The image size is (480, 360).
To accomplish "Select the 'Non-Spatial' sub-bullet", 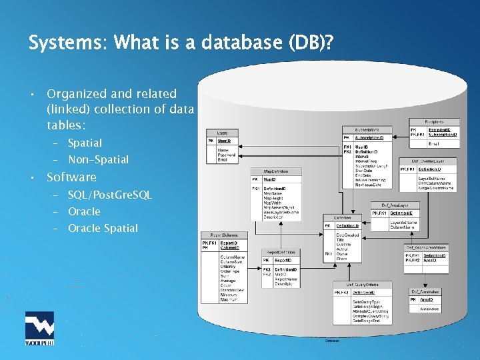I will tap(98, 159).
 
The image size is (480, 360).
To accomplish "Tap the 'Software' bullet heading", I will tap(71, 177).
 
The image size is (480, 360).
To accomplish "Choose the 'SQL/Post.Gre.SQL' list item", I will tap(110, 195).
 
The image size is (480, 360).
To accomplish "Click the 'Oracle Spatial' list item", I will tap(103, 228).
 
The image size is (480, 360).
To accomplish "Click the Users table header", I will tap(222, 133).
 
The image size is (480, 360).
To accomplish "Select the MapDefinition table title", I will tap(275, 171).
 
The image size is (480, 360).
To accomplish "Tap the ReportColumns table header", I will tap(224, 235).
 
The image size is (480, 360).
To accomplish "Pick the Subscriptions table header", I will tap(367, 129).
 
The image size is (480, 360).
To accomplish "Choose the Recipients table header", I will tap(433, 123).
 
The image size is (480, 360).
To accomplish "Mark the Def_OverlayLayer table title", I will tap(427, 161).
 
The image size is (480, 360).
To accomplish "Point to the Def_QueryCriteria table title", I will tap(362, 285).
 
